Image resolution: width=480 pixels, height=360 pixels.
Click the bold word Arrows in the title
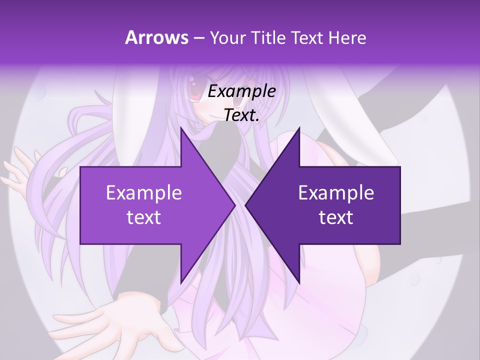click(x=156, y=37)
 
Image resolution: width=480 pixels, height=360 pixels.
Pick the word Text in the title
click(x=307, y=38)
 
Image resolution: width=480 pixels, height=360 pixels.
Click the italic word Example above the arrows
click(x=241, y=92)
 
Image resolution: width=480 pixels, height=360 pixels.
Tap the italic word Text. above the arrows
click(x=241, y=115)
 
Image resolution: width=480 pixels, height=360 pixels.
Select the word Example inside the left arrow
click(x=144, y=193)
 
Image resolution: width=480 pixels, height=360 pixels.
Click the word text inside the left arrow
click(x=144, y=217)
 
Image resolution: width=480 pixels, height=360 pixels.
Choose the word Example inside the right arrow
click(x=336, y=193)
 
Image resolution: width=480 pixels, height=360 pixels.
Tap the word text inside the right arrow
click(x=336, y=217)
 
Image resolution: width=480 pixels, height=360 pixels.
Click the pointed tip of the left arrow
click(x=235, y=205)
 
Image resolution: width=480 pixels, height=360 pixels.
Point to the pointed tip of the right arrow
click(x=245, y=205)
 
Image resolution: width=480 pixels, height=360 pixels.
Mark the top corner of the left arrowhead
click(x=181, y=128)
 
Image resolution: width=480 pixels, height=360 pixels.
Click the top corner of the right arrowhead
click(x=299, y=128)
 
